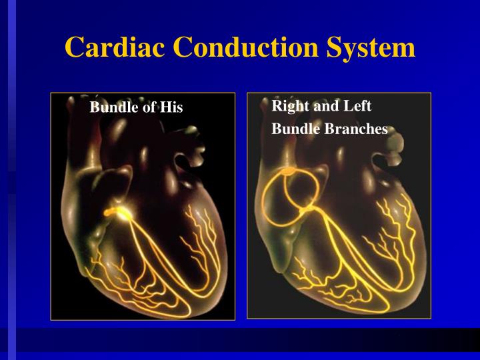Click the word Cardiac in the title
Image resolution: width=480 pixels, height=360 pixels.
(113, 47)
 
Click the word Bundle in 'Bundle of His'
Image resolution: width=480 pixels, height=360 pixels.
(112, 107)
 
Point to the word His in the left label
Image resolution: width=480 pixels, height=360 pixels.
(171, 107)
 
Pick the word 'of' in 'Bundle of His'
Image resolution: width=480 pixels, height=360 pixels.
(147, 107)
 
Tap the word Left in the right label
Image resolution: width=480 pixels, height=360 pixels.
(357, 107)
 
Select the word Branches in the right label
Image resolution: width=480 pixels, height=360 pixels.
(356, 129)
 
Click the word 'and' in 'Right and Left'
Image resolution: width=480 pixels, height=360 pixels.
(323, 107)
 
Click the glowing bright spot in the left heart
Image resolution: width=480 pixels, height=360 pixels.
(121, 213)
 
